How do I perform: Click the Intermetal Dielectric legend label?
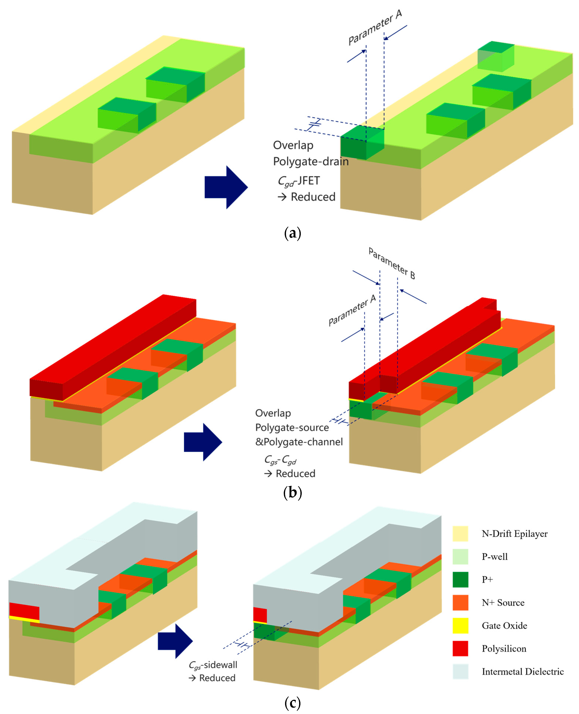[522, 671]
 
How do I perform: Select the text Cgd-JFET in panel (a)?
[299, 181]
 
